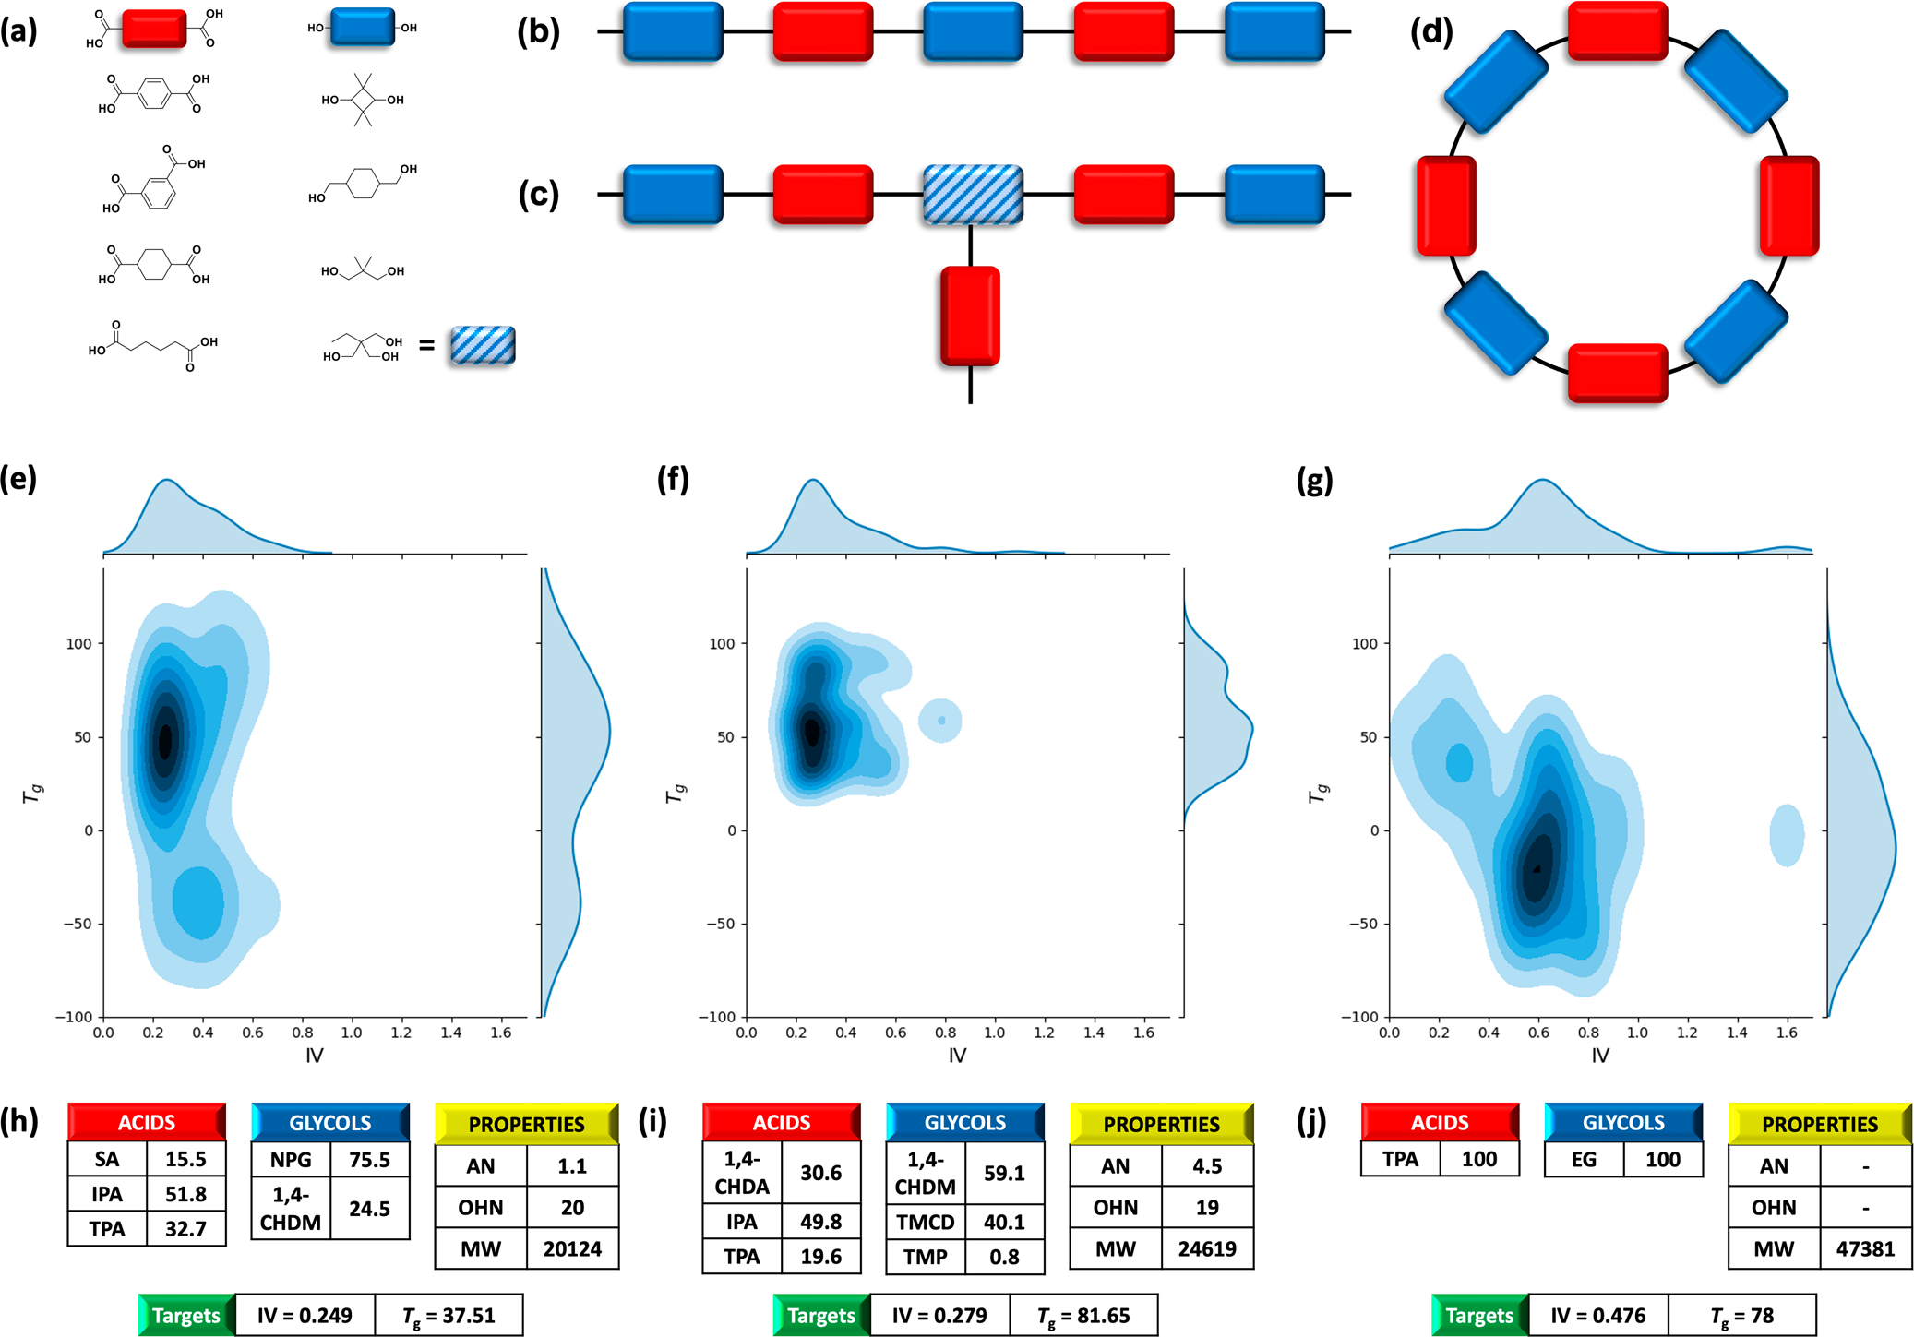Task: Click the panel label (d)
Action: (1431, 32)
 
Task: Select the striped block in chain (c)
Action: (973, 195)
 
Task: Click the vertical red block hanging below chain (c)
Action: (970, 316)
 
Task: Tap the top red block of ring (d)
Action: (1617, 30)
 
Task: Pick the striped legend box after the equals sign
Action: (483, 345)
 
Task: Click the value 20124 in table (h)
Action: (572, 1248)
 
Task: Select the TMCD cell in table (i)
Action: (926, 1222)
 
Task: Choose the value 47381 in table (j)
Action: (1865, 1248)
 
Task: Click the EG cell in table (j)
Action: (1584, 1159)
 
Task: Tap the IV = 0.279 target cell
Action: (939, 1315)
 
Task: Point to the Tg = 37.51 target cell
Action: (449, 1315)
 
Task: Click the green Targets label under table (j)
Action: (1479, 1315)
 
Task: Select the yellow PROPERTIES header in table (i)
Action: (1161, 1124)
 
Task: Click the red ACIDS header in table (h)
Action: (146, 1122)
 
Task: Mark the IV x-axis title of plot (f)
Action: (957, 1055)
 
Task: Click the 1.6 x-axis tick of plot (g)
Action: (1787, 1033)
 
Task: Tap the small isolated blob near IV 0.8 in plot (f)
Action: (940, 721)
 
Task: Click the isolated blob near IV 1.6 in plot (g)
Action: (1787, 835)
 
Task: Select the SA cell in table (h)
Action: (107, 1159)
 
